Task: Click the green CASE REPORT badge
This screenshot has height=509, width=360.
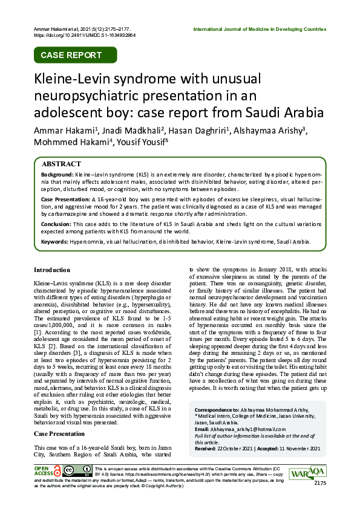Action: coord(71,55)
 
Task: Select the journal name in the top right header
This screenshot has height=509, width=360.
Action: coord(260,29)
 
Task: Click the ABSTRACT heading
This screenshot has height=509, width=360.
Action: coord(61,164)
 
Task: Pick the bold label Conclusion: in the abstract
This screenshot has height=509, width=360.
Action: coord(56,224)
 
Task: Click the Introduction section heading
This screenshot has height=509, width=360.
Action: coord(52,270)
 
